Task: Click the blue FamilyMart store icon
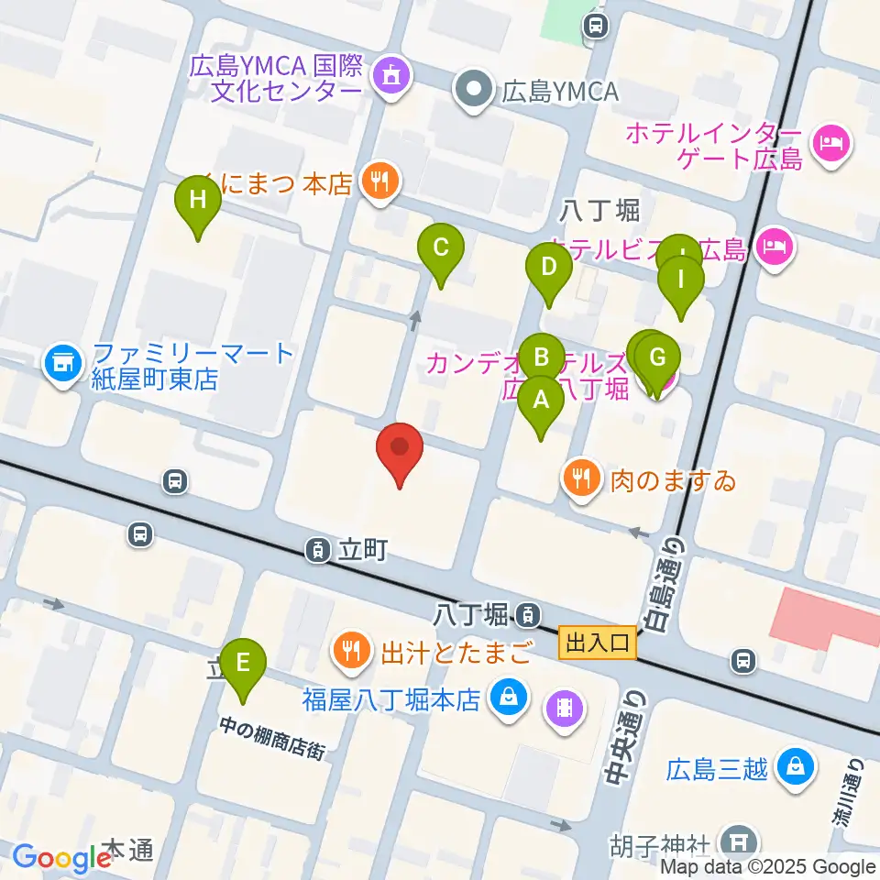pyautogui.click(x=62, y=364)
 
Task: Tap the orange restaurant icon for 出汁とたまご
pyautogui.click(x=351, y=653)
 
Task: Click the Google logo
pyautogui.click(x=61, y=857)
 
